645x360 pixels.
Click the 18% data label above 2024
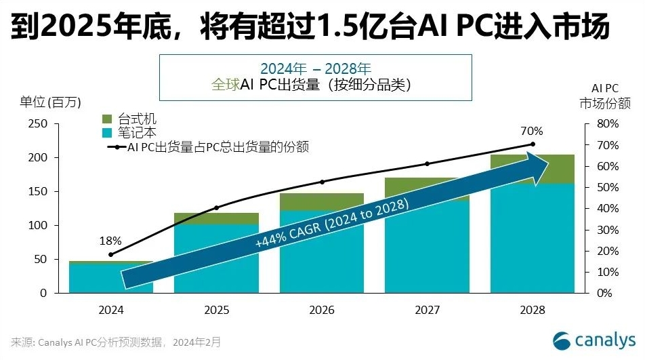tap(110, 241)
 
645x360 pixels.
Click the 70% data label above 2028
tap(533, 132)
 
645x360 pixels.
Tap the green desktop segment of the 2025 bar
tap(216, 218)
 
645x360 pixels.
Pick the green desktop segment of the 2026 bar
tap(322, 202)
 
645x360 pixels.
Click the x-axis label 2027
tap(427, 310)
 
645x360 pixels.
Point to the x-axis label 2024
tap(111, 310)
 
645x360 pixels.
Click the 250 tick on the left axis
tap(38, 124)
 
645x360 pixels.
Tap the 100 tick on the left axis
tap(38, 226)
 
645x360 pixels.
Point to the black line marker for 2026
tap(322, 182)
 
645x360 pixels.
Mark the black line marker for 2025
tap(216, 207)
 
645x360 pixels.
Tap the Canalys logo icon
tap(562, 340)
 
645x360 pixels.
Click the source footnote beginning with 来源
tap(116, 342)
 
